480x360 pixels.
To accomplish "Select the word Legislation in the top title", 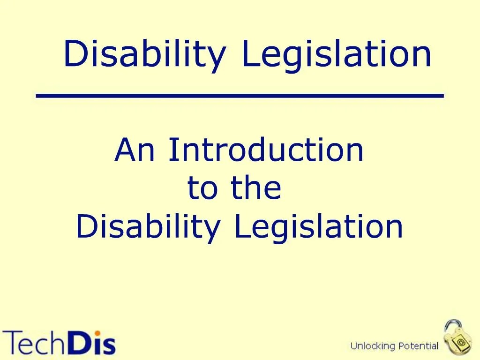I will point(336,55).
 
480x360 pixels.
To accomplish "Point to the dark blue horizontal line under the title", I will point(240,96).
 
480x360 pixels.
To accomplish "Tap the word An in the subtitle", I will point(137,150).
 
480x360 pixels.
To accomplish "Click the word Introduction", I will point(266,150).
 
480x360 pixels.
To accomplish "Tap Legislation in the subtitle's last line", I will point(319,227).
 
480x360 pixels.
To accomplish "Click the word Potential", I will point(418,346).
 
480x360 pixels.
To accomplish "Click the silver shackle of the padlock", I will point(452,326).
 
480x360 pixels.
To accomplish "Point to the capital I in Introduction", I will point(172,150).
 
